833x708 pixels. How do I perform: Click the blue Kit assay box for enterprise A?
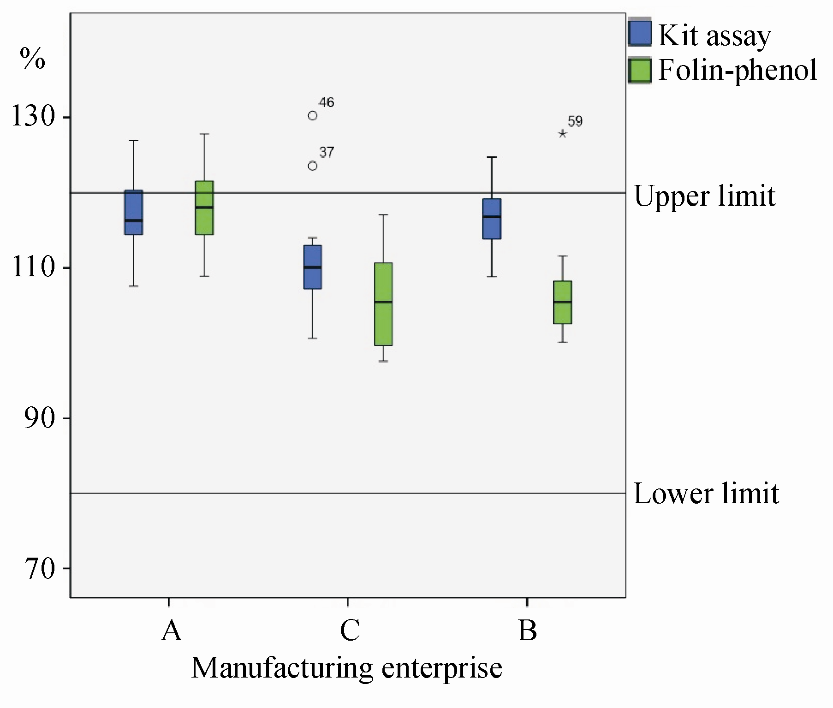click(134, 212)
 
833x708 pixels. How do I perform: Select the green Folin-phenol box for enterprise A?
click(204, 208)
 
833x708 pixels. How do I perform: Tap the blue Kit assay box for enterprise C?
click(313, 267)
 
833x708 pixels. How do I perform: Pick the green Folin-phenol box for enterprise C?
click(383, 304)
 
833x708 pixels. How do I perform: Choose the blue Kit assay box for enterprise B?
click(492, 219)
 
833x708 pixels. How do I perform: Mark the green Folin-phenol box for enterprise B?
click(563, 302)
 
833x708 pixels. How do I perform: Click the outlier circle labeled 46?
click(313, 116)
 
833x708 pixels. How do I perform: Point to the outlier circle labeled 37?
click(313, 166)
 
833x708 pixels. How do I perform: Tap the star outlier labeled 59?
click(563, 134)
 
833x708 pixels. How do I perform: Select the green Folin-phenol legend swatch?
click(640, 71)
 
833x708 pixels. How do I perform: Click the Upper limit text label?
click(705, 196)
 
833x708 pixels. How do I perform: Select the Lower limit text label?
click(706, 494)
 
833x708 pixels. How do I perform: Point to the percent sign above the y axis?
click(32, 59)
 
